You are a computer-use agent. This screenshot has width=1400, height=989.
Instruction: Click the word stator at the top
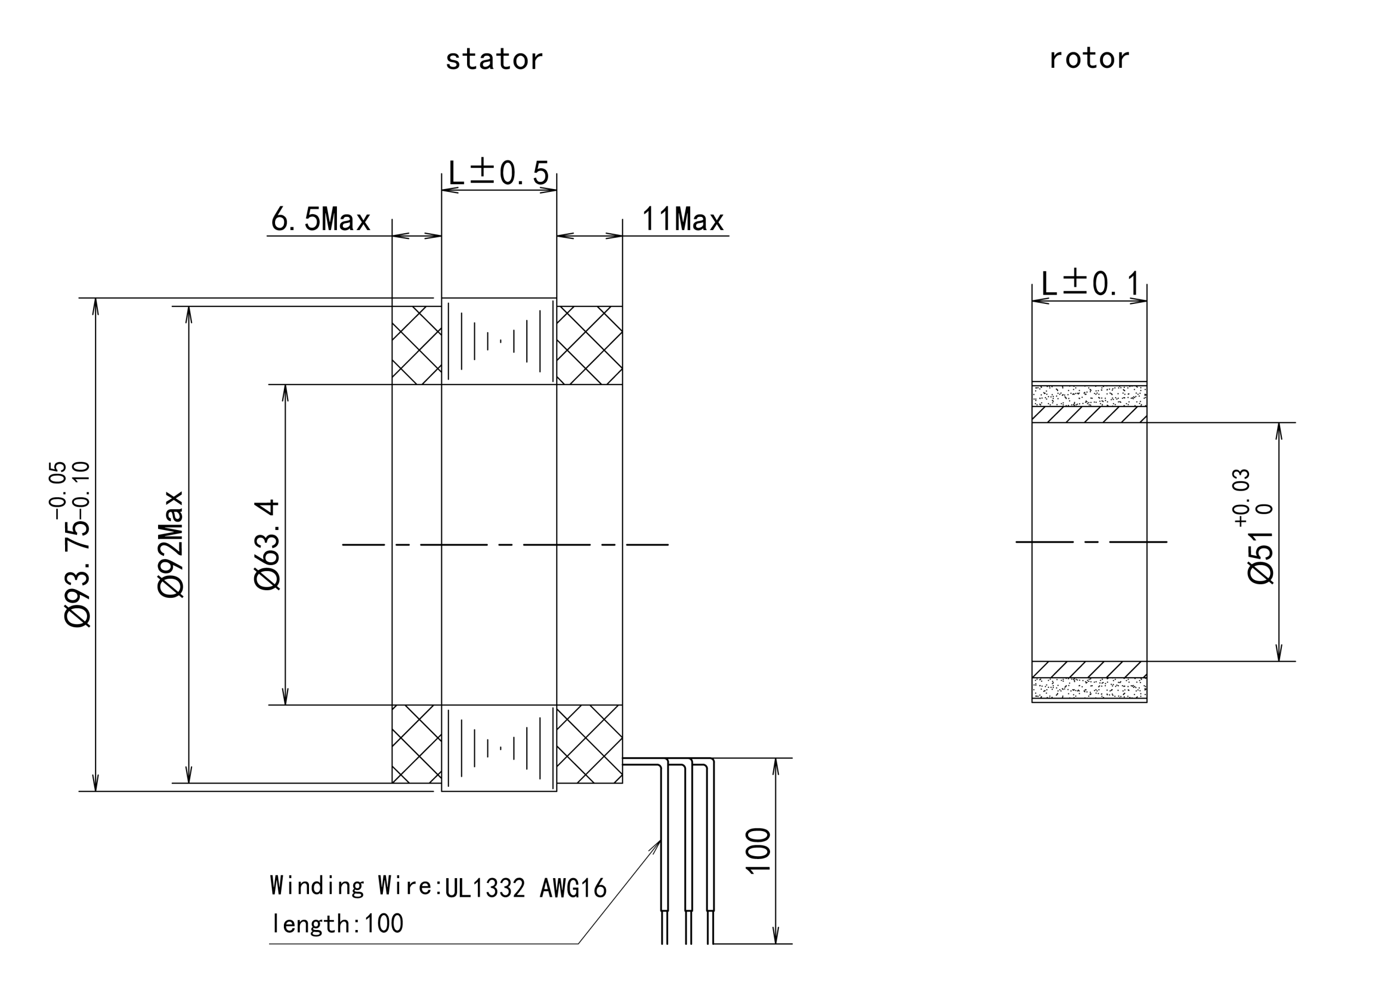coord(494,60)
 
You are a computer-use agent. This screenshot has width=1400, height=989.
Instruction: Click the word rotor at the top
coord(1089,59)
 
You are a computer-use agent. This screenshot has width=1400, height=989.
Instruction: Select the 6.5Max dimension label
coord(320,219)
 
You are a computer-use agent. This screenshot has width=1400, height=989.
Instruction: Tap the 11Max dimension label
coord(683,219)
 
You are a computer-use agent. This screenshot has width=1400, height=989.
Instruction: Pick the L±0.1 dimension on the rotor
coord(1089,284)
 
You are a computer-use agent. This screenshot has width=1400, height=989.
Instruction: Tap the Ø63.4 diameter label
coord(266,545)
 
